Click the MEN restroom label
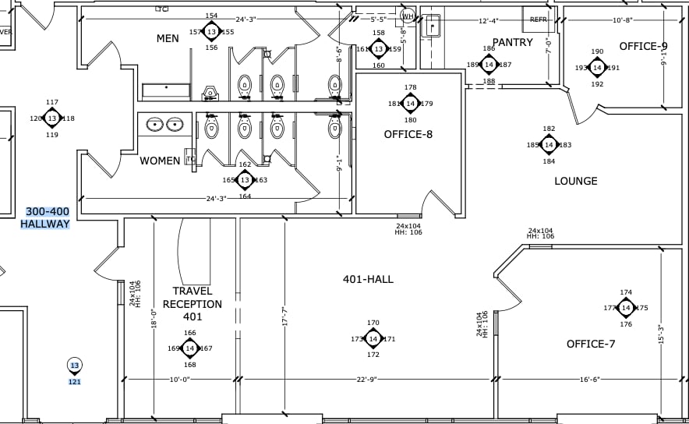pos(168,38)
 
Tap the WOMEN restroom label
pos(160,161)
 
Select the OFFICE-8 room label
pos(408,134)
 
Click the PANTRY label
pos(512,42)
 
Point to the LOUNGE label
pos(575,181)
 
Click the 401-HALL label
pos(368,279)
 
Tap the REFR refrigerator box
pos(539,19)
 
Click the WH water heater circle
pos(408,15)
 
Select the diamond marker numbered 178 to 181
pos(410,104)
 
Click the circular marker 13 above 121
pos(75,366)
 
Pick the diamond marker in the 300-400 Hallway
pos(52,118)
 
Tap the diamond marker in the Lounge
pos(549,145)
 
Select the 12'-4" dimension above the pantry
pos(488,21)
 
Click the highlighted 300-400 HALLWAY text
pos(47,217)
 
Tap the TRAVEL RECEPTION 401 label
pos(193,304)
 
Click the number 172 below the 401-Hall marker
pos(373,355)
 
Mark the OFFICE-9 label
pos(643,46)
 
